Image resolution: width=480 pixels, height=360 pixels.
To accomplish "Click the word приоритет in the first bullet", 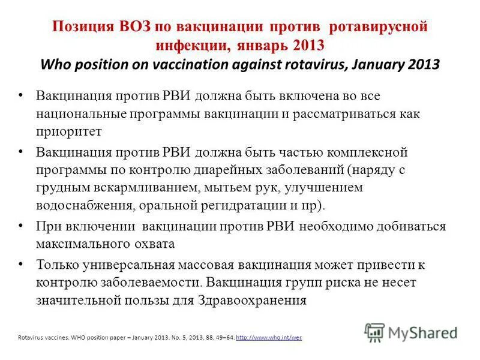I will click(69, 130).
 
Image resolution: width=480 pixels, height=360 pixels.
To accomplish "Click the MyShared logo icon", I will click(374, 332).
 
